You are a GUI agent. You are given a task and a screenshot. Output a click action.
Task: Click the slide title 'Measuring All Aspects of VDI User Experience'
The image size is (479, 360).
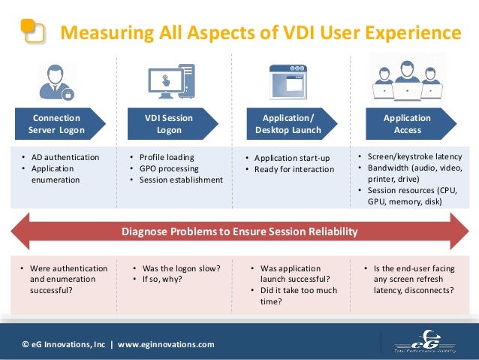coord(260,33)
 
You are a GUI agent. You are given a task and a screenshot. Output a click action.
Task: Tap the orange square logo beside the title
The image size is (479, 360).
coord(32,31)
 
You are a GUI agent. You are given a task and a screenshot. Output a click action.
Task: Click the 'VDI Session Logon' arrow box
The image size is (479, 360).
coord(172,124)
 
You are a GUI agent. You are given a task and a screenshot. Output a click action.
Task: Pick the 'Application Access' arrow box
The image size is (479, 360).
coord(409,124)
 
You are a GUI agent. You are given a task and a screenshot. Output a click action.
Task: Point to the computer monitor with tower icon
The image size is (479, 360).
coord(170,82)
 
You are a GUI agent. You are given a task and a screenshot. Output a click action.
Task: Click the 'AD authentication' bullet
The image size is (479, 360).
coord(63,157)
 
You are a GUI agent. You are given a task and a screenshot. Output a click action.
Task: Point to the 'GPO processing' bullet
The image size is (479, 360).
coord(166,168)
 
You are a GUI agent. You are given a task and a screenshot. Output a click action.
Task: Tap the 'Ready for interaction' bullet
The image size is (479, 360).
coord(294,169)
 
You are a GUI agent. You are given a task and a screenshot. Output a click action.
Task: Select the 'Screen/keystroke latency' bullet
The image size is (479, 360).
coord(419,156)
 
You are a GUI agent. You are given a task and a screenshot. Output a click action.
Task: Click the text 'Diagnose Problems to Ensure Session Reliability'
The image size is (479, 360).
coord(239,231)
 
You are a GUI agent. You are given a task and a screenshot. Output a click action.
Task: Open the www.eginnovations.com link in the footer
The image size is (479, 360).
coord(165,344)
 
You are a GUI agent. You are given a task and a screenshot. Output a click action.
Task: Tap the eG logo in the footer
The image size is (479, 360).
coord(424,341)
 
